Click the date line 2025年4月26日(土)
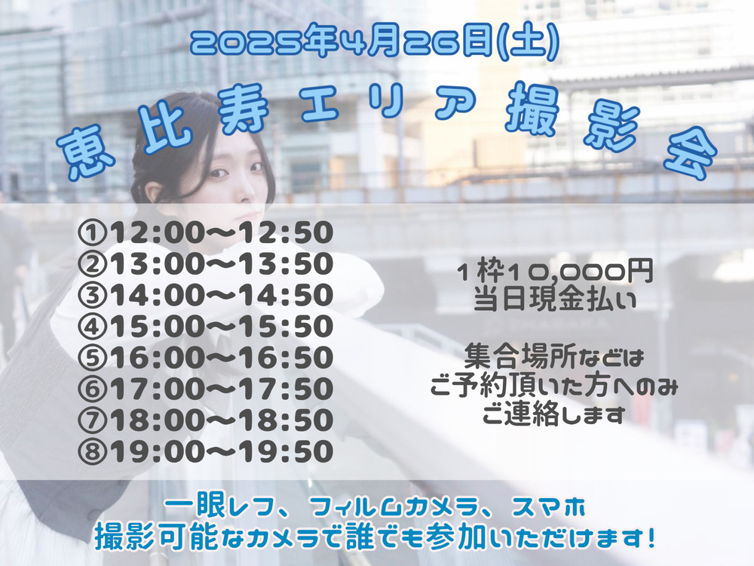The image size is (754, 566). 375,42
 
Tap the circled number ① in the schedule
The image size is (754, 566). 92,233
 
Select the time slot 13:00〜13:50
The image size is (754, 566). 221,264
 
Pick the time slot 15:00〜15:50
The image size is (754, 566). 221,327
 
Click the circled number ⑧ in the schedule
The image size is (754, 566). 92,452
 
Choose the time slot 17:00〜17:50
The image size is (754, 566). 221,389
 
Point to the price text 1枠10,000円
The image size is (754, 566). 556,272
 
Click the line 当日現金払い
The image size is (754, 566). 556,300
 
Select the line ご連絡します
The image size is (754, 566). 553,414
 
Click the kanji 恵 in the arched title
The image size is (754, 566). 87,151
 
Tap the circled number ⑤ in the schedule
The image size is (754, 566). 92,358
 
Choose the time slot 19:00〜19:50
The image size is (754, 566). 221,452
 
